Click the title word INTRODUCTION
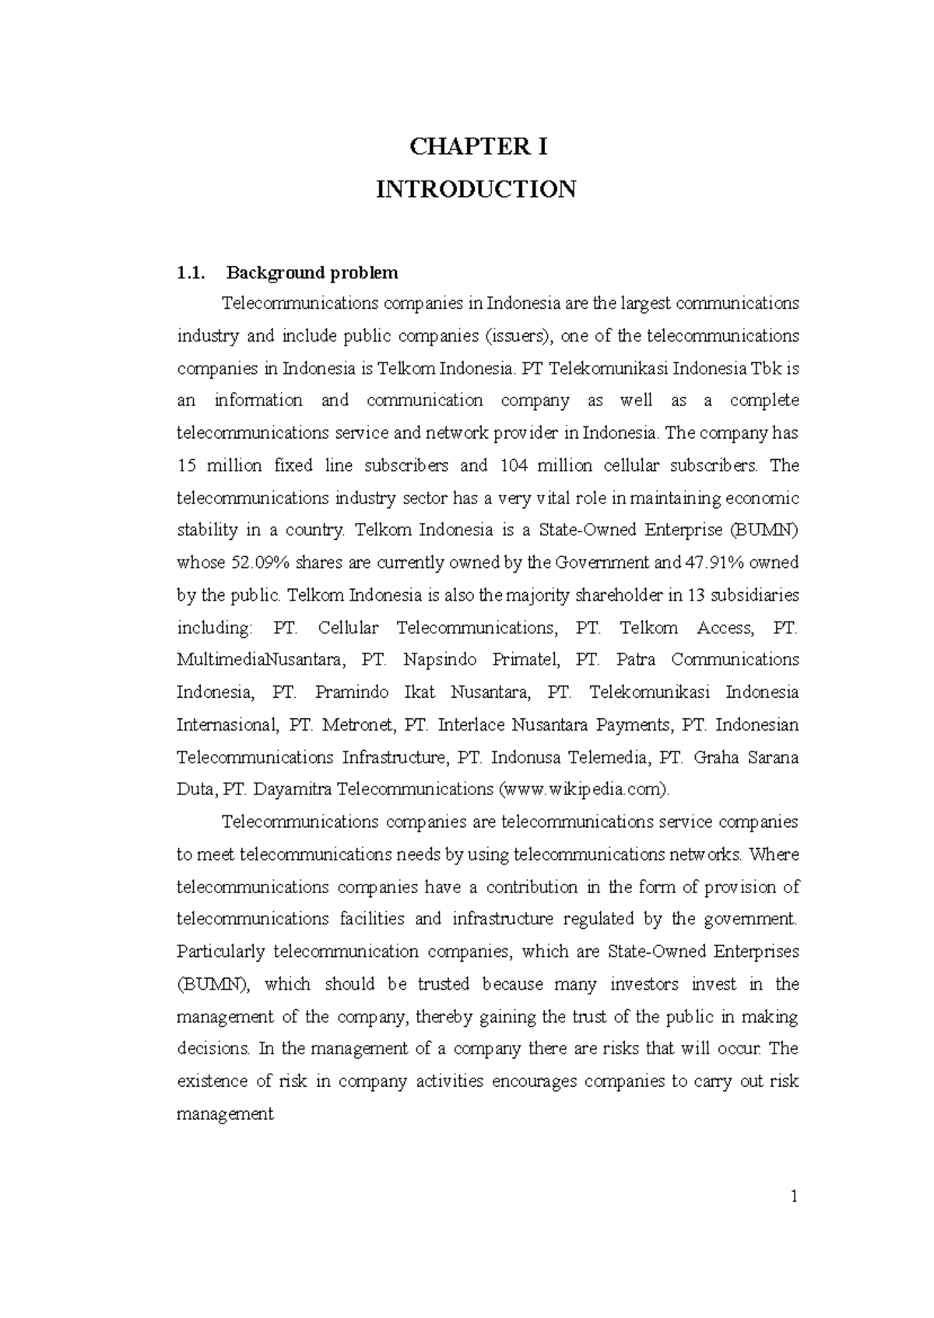click(476, 189)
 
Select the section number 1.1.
click(191, 273)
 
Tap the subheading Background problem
click(312, 273)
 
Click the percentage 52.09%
click(259, 563)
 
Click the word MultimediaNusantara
click(259, 660)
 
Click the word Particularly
click(221, 952)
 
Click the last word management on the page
click(225, 1114)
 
